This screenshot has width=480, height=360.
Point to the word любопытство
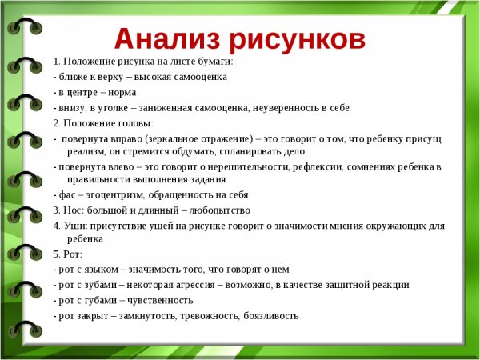[x=218, y=210]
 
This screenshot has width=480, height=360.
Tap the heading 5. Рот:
[x=67, y=254]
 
